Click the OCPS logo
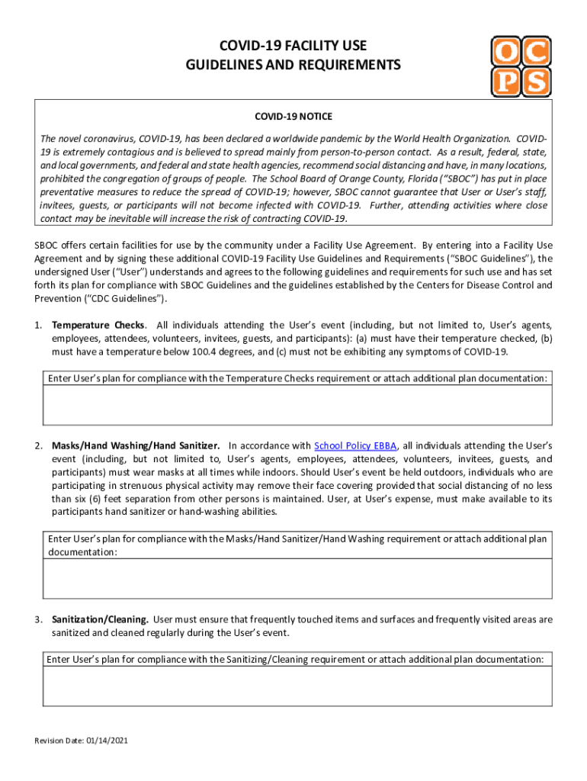click(x=521, y=66)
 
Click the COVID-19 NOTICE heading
click(x=293, y=117)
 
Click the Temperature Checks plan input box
click(x=297, y=405)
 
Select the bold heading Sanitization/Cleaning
click(x=100, y=619)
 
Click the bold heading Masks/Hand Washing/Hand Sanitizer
click(x=136, y=445)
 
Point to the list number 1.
click(x=37, y=325)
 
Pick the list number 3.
click(x=37, y=619)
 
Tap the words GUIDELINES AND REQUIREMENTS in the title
click(x=293, y=66)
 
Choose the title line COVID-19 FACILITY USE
click(x=293, y=47)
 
